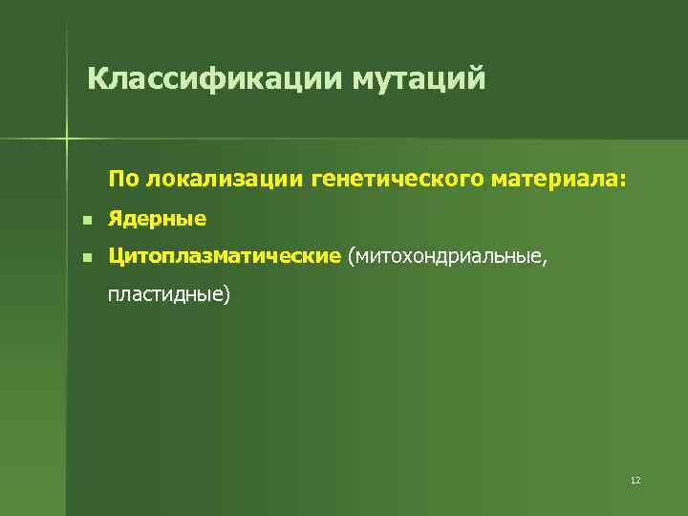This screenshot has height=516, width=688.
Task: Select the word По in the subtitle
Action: click(122, 179)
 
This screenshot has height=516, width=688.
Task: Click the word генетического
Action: click(402, 179)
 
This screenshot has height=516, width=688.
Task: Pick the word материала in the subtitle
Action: click(560, 179)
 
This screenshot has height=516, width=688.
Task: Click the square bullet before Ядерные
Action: click(85, 221)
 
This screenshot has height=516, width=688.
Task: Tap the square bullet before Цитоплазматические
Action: click(85, 257)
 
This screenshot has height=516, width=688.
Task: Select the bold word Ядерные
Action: click(157, 220)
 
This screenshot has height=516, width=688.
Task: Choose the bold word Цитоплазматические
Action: click(225, 256)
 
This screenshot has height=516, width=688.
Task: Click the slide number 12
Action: click(635, 480)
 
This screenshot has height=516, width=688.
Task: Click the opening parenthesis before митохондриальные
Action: click(352, 256)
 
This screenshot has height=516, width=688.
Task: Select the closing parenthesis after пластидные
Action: click(226, 294)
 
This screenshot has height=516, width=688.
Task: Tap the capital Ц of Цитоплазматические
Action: click(116, 256)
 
